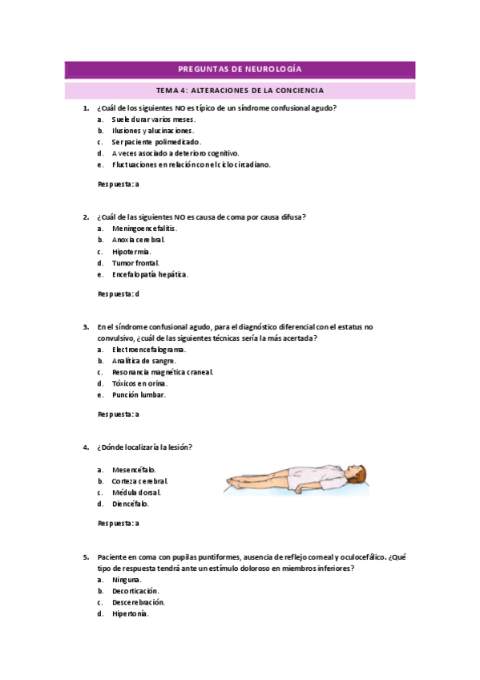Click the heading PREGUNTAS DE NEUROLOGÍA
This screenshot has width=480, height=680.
pyautogui.click(x=240, y=70)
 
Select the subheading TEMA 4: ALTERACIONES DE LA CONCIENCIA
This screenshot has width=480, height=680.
pyautogui.click(x=240, y=91)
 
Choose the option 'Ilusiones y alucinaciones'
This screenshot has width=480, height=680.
pyautogui.click(x=153, y=130)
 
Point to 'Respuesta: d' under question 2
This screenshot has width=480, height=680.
pyautogui.click(x=119, y=293)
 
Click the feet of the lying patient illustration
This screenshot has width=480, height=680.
pyautogui.click(x=233, y=481)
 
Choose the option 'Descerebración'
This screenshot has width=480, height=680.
pyautogui.click(x=139, y=601)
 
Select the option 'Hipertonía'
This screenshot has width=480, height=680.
pyautogui.click(x=131, y=613)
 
